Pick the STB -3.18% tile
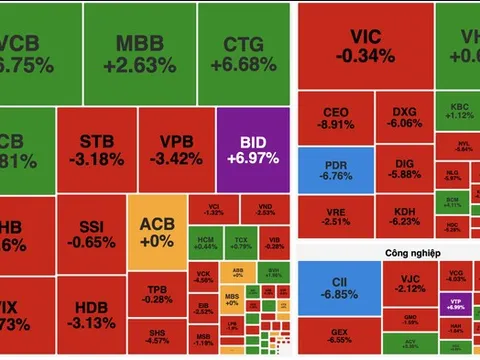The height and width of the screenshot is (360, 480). [95, 146]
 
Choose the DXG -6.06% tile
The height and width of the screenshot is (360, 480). [405, 118]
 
